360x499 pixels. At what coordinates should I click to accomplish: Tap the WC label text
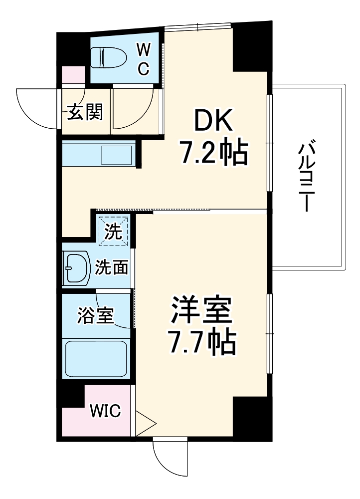pos(143,59)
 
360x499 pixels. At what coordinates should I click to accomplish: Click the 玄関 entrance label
pos(85,113)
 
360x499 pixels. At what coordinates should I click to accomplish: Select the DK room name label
pos(213,120)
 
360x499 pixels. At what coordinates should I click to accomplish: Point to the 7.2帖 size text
pos(213,154)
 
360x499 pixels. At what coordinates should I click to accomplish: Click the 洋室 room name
pos(201,310)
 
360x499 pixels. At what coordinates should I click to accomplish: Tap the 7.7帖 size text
pos(201,342)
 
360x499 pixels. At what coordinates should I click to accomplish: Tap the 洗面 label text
pos(112,268)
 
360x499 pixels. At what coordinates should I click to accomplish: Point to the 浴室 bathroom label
pos(96,315)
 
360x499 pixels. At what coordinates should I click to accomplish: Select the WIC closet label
pos(105,412)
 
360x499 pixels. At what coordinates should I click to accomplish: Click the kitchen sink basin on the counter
pos(116,155)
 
